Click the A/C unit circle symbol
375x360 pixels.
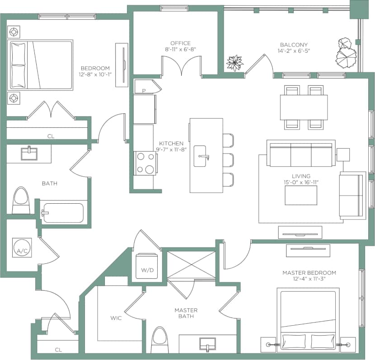(x=21, y=250)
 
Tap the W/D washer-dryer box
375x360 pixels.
(x=147, y=266)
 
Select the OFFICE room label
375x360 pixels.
(x=180, y=43)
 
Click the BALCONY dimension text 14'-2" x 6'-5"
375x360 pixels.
(x=294, y=51)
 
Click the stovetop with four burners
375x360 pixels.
(x=145, y=163)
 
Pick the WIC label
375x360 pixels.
(x=117, y=318)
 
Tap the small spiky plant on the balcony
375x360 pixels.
(x=234, y=63)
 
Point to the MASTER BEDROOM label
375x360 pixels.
(x=309, y=273)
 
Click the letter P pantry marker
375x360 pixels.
(x=144, y=90)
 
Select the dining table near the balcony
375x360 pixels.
(x=303, y=107)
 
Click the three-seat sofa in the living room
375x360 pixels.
(x=300, y=154)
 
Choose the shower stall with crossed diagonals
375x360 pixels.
(x=192, y=264)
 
